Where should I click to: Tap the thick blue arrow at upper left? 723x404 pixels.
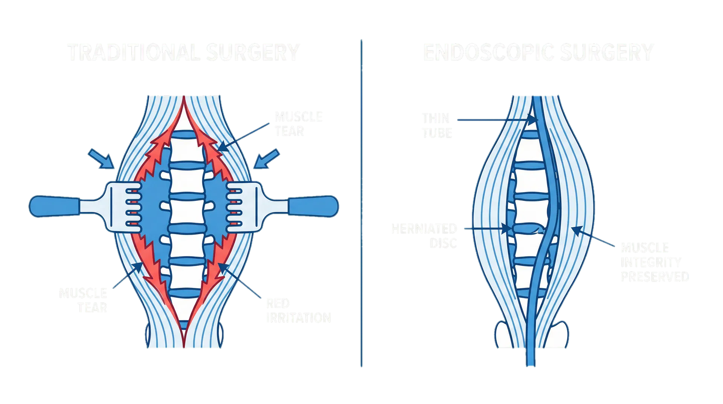coord(101,158)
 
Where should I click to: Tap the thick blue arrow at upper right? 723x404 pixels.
coord(267,158)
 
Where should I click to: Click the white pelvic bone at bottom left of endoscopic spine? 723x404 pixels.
coord(503,335)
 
